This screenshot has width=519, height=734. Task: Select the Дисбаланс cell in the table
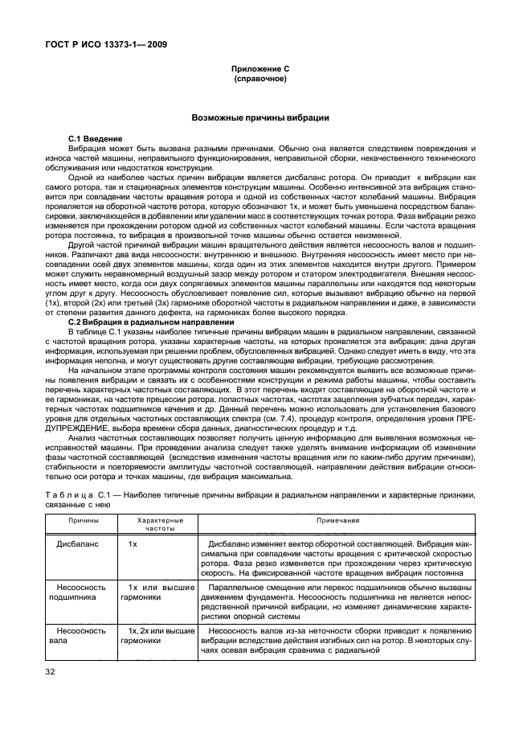pyautogui.click(x=78, y=544)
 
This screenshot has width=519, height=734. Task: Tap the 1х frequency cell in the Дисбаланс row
pyautogui.click(x=133, y=544)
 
